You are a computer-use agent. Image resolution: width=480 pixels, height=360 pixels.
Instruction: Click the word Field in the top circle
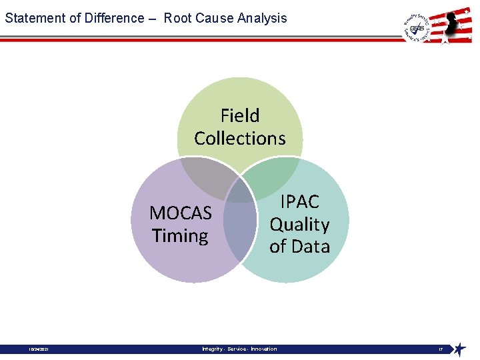[x=240, y=116]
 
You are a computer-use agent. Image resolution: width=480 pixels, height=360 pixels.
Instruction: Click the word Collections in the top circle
[x=240, y=139]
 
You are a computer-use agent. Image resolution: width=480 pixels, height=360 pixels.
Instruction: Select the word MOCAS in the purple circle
[x=181, y=213]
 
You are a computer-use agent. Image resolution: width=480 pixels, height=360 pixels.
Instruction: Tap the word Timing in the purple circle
[x=180, y=236]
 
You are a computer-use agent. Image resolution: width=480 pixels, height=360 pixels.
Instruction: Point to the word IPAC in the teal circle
[x=299, y=202]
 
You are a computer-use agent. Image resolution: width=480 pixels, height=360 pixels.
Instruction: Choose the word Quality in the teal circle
[x=299, y=225]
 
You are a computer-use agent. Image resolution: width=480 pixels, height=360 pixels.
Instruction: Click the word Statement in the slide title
[x=31, y=18]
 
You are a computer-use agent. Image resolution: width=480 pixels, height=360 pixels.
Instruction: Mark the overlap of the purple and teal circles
[x=240, y=223]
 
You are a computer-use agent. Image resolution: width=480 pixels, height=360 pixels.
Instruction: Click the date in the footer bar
[x=38, y=349]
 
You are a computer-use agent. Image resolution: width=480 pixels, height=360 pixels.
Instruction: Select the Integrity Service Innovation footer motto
[x=239, y=349]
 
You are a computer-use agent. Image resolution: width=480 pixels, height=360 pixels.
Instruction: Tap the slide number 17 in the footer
[x=441, y=349]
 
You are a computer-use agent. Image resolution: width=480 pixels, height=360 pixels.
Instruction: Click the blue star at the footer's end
[x=459, y=349]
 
